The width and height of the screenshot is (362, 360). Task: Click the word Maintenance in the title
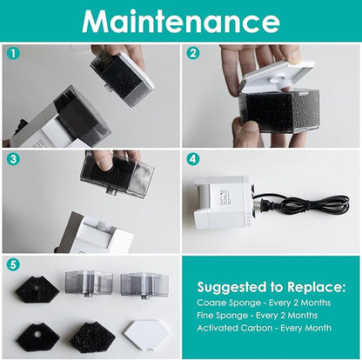click(x=181, y=21)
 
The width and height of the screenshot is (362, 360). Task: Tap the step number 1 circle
click(x=13, y=53)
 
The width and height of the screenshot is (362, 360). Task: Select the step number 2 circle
click(x=193, y=53)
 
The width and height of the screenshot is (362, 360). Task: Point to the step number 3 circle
click(x=13, y=159)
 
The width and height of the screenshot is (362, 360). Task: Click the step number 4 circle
click(x=193, y=159)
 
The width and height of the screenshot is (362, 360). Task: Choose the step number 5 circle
click(x=13, y=264)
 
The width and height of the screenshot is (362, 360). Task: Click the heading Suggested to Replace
click(x=271, y=287)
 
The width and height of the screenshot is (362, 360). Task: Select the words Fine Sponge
click(x=222, y=316)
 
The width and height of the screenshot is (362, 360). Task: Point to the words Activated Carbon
click(x=234, y=328)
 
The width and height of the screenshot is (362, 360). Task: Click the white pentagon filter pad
click(x=145, y=335)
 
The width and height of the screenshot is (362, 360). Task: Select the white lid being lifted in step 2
click(x=276, y=77)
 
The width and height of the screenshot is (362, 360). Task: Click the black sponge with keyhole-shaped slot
click(x=37, y=289)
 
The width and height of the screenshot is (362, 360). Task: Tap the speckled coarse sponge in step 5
click(x=92, y=337)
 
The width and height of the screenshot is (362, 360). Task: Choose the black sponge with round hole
click(x=37, y=337)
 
